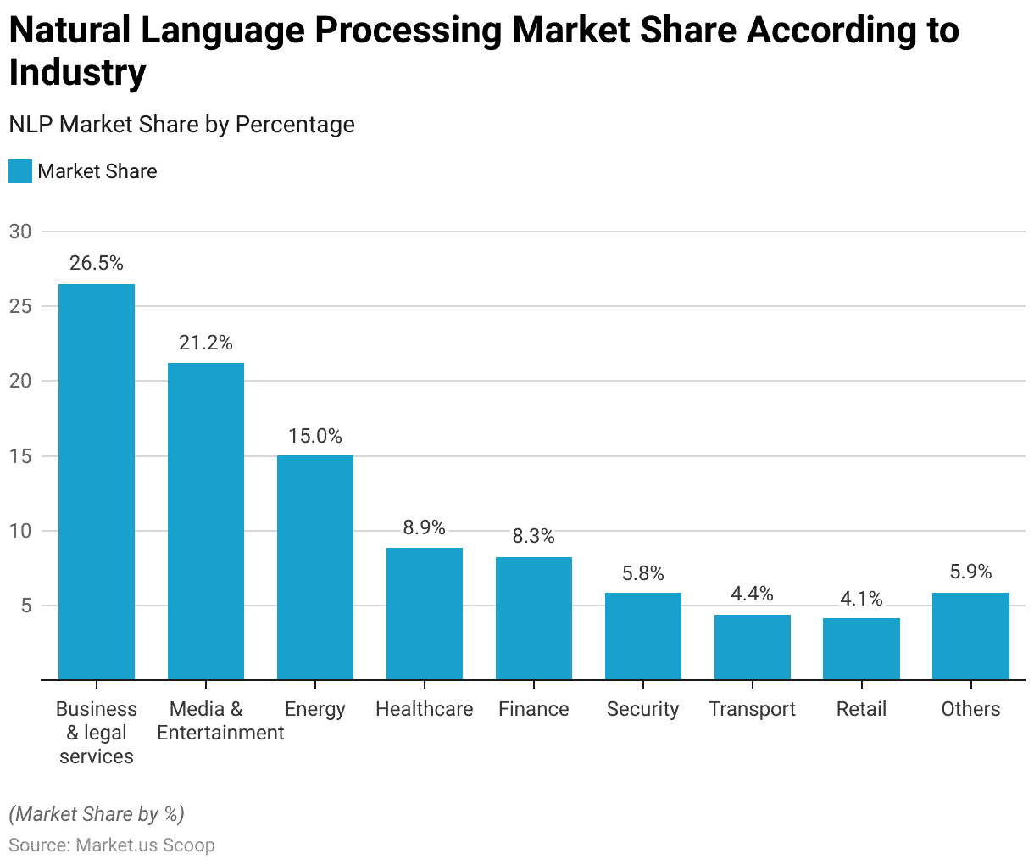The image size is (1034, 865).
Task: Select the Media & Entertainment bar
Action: pos(205,522)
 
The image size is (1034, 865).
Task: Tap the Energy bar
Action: pos(314,567)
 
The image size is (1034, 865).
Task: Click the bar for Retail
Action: pos(861,649)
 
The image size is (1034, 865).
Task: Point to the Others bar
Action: pos(970,636)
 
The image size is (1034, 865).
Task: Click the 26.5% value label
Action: pos(97,263)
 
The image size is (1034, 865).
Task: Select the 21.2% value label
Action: pos(205,343)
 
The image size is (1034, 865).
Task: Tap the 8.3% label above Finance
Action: pos(533,536)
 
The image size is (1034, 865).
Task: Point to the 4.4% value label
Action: pos(752,594)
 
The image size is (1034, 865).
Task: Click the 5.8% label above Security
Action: pos(642,573)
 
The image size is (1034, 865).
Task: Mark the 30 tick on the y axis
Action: pos(20,232)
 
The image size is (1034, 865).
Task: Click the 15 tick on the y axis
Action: pos(20,456)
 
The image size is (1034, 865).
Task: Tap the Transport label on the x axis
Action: pos(752,709)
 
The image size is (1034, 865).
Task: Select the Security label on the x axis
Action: pos(642,709)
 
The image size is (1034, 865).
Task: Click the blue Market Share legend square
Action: pos(20,171)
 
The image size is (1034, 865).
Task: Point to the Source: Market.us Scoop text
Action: pos(112,845)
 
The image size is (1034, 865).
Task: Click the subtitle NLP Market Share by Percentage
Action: pos(181,125)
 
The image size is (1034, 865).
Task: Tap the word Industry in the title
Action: pos(77,73)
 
